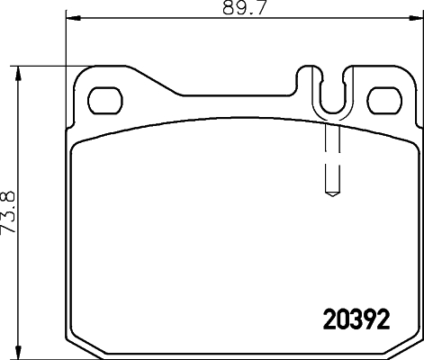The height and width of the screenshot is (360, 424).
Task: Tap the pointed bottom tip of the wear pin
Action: [x=329, y=193]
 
